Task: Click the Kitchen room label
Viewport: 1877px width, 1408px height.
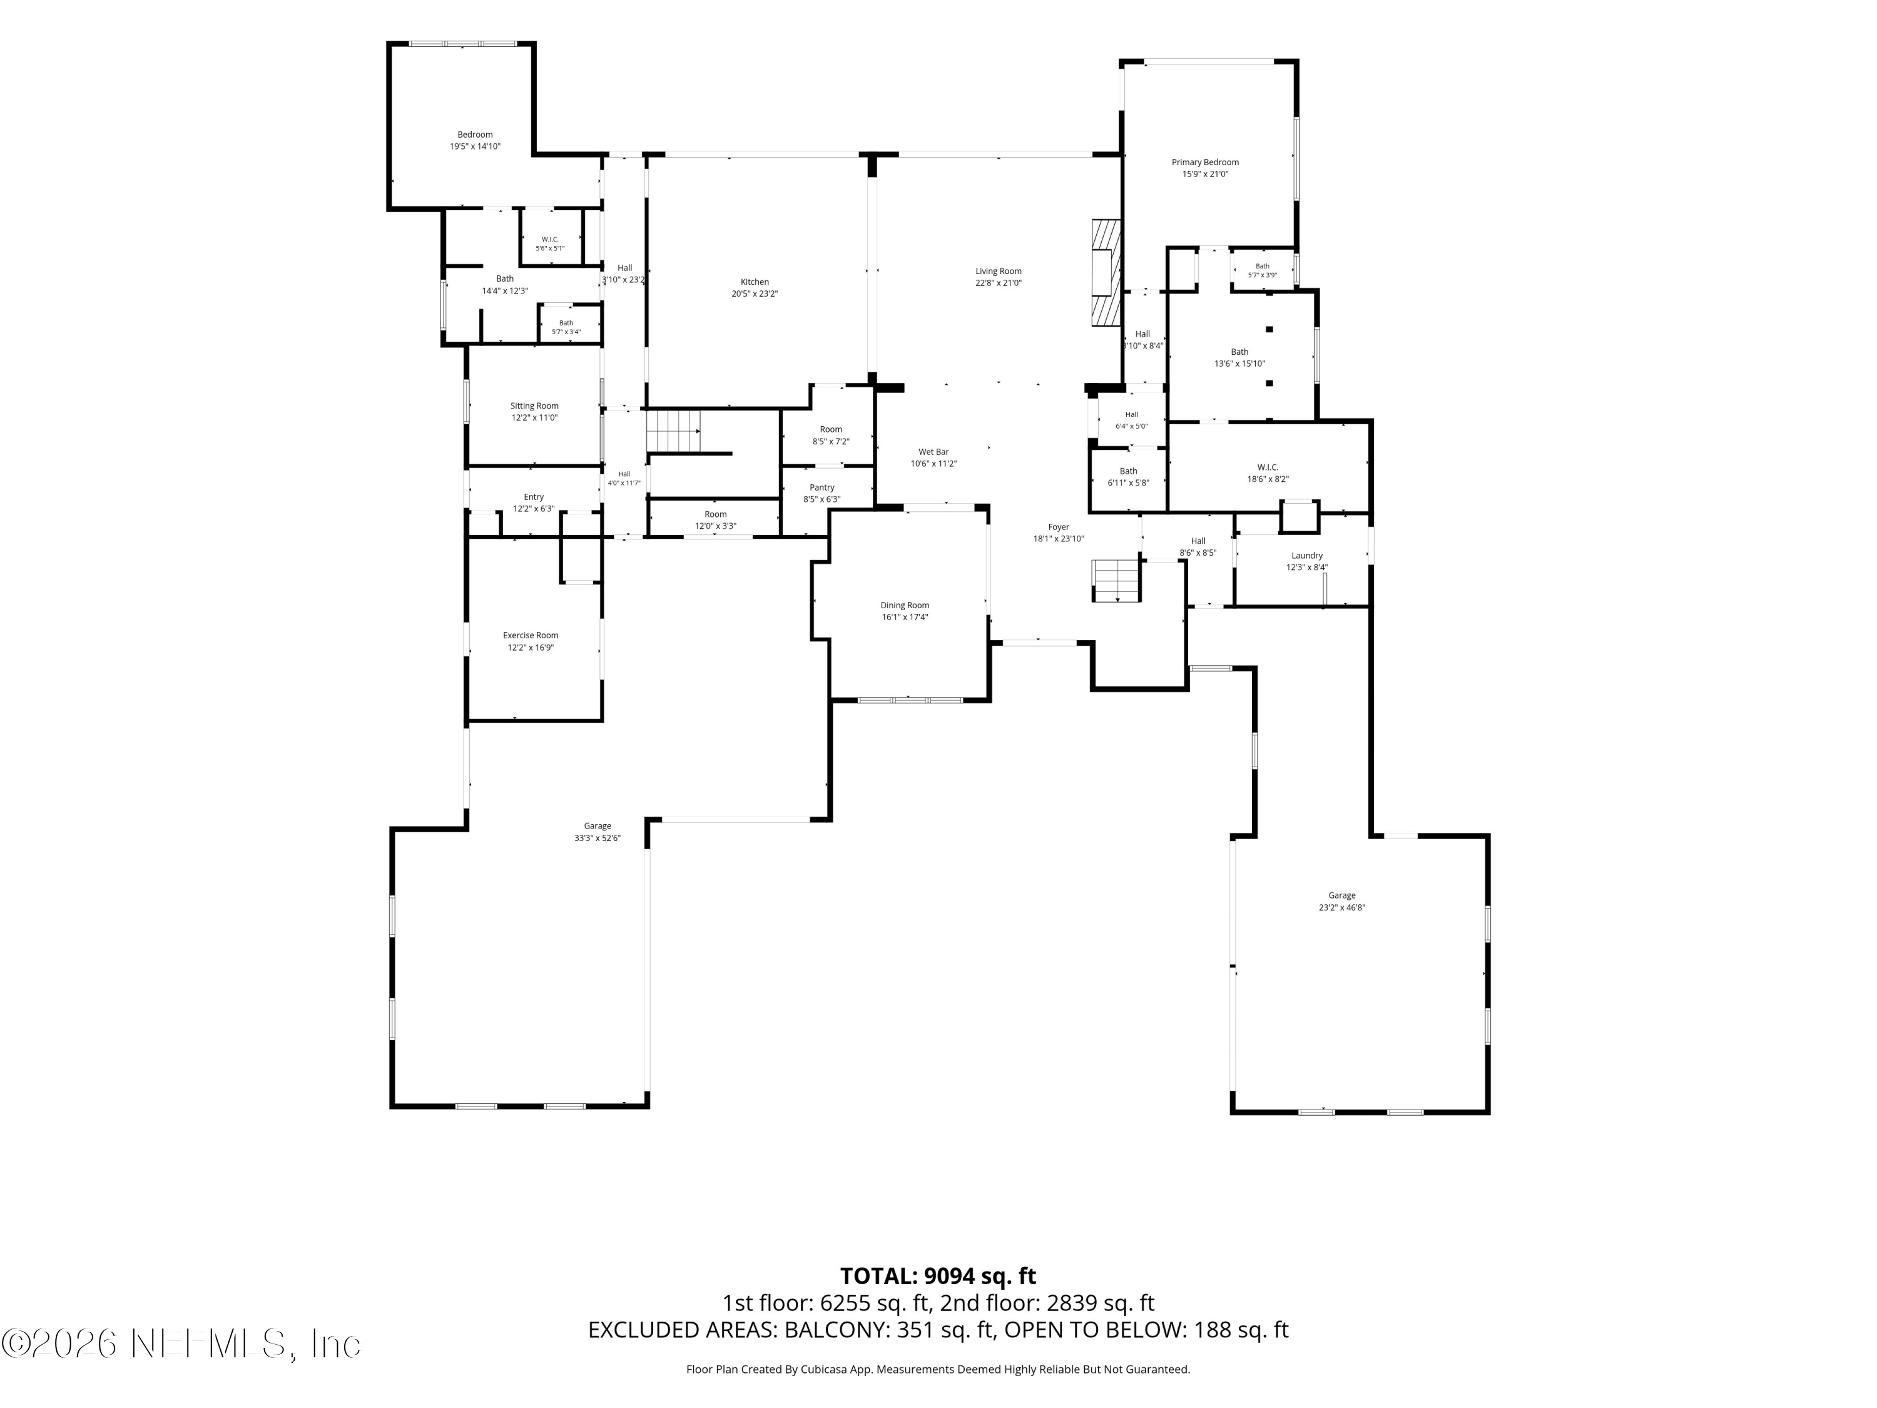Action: pyautogui.click(x=755, y=282)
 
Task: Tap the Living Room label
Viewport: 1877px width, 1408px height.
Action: pyautogui.click(x=998, y=272)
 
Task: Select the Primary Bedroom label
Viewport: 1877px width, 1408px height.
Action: pyautogui.click(x=1205, y=162)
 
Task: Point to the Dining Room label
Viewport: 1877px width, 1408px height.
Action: pyautogui.click(x=905, y=605)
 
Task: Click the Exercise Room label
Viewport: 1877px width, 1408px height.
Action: pyautogui.click(x=531, y=635)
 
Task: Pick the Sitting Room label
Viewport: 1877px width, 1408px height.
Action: pyautogui.click(x=534, y=406)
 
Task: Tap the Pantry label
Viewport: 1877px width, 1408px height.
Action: pyautogui.click(x=822, y=487)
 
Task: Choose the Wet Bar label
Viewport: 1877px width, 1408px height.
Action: pyautogui.click(x=933, y=452)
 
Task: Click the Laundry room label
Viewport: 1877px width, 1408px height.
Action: pyautogui.click(x=1307, y=555)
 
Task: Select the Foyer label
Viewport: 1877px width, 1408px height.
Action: pyautogui.click(x=1058, y=527)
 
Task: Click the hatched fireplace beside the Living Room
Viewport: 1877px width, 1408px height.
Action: pyautogui.click(x=1106, y=272)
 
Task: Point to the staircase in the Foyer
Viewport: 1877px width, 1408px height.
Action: pyautogui.click(x=1116, y=581)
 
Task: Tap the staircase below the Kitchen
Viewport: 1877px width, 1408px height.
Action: pyautogui.click(x=674, y=431)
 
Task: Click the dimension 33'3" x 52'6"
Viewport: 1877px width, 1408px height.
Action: pyautogui.click(x=598, y=838)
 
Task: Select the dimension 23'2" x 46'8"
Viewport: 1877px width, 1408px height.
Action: pyautogui.click(x=1341, y=907)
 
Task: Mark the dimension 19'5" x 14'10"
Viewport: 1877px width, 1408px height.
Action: pyautogui.click(x=475, y=146)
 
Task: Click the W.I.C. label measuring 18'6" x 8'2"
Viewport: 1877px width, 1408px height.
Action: pyautogui.click(x=1268, y=467)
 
